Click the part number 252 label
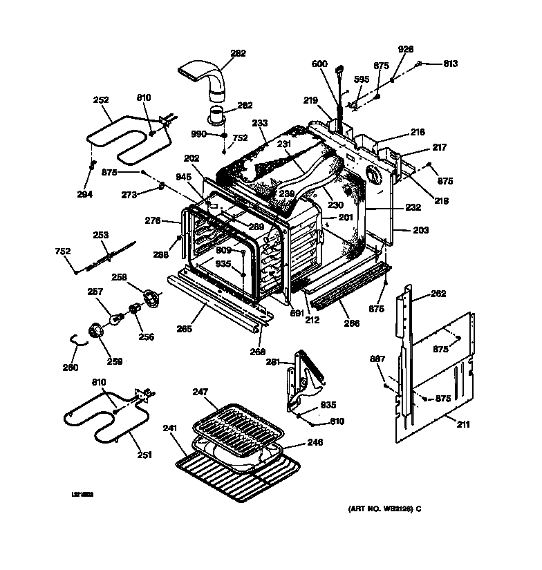pyautogui.click(x=102, y=100)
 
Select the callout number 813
pyautogui.click(x=450, y=64)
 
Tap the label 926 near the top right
pyautogui.click(x=406, y=49)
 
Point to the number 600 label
pyautogui.click(x=319, y=64)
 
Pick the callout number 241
pyautogui.click(x=170, y=428)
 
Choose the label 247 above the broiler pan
pyautogui.click(x=200, y=392)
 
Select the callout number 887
pyautogui.click(x=377, y=359)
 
